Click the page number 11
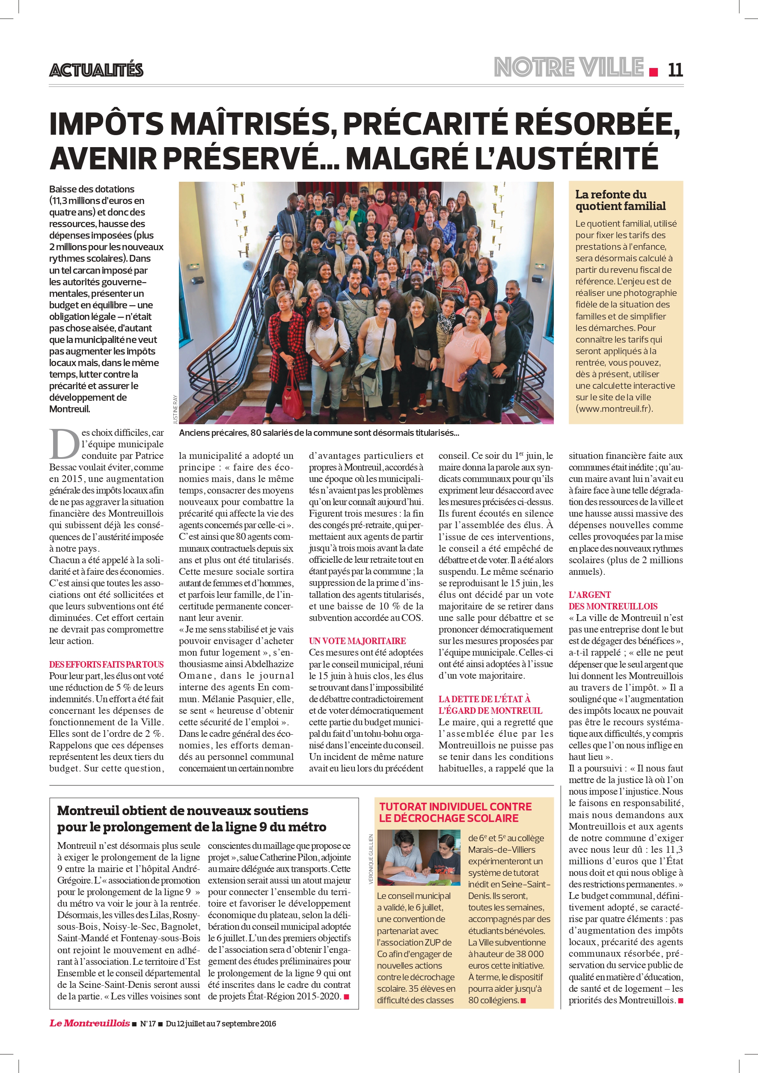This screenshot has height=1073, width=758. (x=675, y=70)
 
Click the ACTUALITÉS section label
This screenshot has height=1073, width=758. (x=96, y=70)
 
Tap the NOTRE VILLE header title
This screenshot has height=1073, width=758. (x=569, y=67)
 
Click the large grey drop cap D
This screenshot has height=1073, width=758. (x=64, y=444)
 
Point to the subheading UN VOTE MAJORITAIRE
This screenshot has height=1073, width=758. (x=357, y=641)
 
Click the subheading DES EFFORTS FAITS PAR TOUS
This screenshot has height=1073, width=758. (x=106, y=664)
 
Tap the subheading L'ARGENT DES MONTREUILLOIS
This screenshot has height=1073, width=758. (x=612, y=600)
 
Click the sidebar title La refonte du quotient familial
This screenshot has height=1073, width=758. (x=620, y=200)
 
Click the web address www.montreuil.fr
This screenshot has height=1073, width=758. (x=614, y=408)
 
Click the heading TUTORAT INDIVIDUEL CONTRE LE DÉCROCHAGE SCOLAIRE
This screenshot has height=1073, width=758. (x=455, y=812)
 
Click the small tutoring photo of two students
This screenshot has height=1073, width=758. (x=419, y=858)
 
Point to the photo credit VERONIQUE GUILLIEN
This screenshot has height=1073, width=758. (x=371, y=859)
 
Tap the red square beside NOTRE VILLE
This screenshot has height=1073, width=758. (x=653, y=72)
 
